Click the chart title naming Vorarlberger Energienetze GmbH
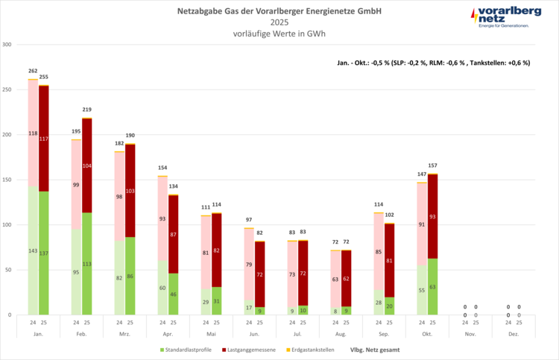coord(279,11)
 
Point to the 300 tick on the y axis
coord(7,45)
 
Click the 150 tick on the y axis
coord(7,180)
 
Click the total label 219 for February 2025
coord(87,110)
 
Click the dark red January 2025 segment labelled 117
coord(44,139)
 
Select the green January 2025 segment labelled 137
coord(44,253)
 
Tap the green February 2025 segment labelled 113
coord(87,263)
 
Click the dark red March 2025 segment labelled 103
coord(130,191)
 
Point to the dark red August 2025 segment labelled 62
coord(346,278)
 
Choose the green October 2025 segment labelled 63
coord(432,286)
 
